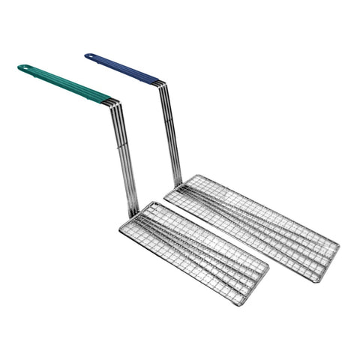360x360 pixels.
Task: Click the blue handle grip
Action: coord(124,68)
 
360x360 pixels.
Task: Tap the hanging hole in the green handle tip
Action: coord(25,68)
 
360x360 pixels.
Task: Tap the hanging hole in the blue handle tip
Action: coord(90,55)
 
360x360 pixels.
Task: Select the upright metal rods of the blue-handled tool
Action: coord(171,135)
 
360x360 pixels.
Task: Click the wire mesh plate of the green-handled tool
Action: coord(193,251)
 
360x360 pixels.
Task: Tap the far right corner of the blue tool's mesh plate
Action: coord(338,245)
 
